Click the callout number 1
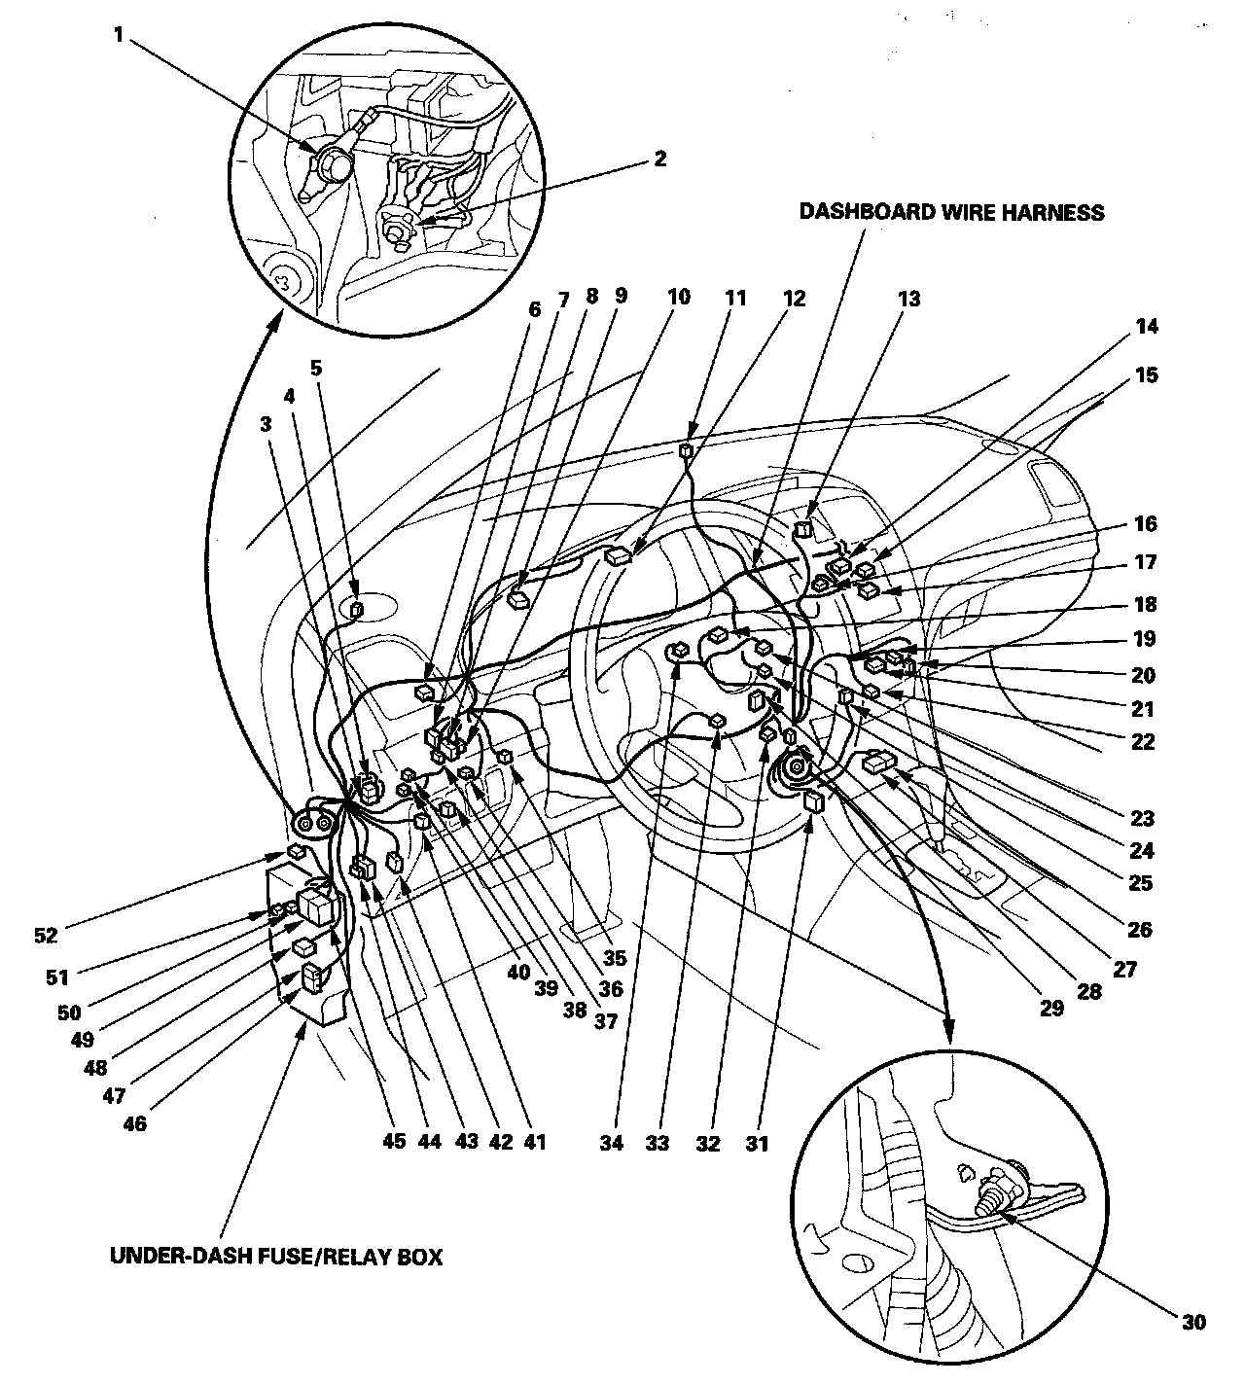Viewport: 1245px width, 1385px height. click(x=119, y=36)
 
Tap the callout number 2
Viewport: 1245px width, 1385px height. click(x=660, y=159)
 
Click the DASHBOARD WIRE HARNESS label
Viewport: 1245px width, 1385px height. click(x=951, y=212)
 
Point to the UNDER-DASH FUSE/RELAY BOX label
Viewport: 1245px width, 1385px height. click(x=276, y=1257)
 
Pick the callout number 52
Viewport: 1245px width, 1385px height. click(x=46, y=936)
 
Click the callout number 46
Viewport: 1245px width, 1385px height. click(x=135, y=1123)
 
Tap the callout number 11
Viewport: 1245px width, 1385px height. click(x=736, y=299)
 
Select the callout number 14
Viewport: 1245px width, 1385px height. click(x=1148, y=327)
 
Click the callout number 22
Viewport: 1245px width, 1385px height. click(x=1144, y=741)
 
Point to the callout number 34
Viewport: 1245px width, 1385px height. click(x=611, y=1144)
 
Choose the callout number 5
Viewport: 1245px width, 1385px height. click(x=314, y=368)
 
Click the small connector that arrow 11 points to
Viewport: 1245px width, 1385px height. click(x=686, y=450)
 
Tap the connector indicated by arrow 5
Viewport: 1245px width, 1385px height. click(x=356, y=610)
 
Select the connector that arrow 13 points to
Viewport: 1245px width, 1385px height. click(x=803, y=529)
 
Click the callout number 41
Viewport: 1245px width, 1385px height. click(x=535, y=1143)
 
